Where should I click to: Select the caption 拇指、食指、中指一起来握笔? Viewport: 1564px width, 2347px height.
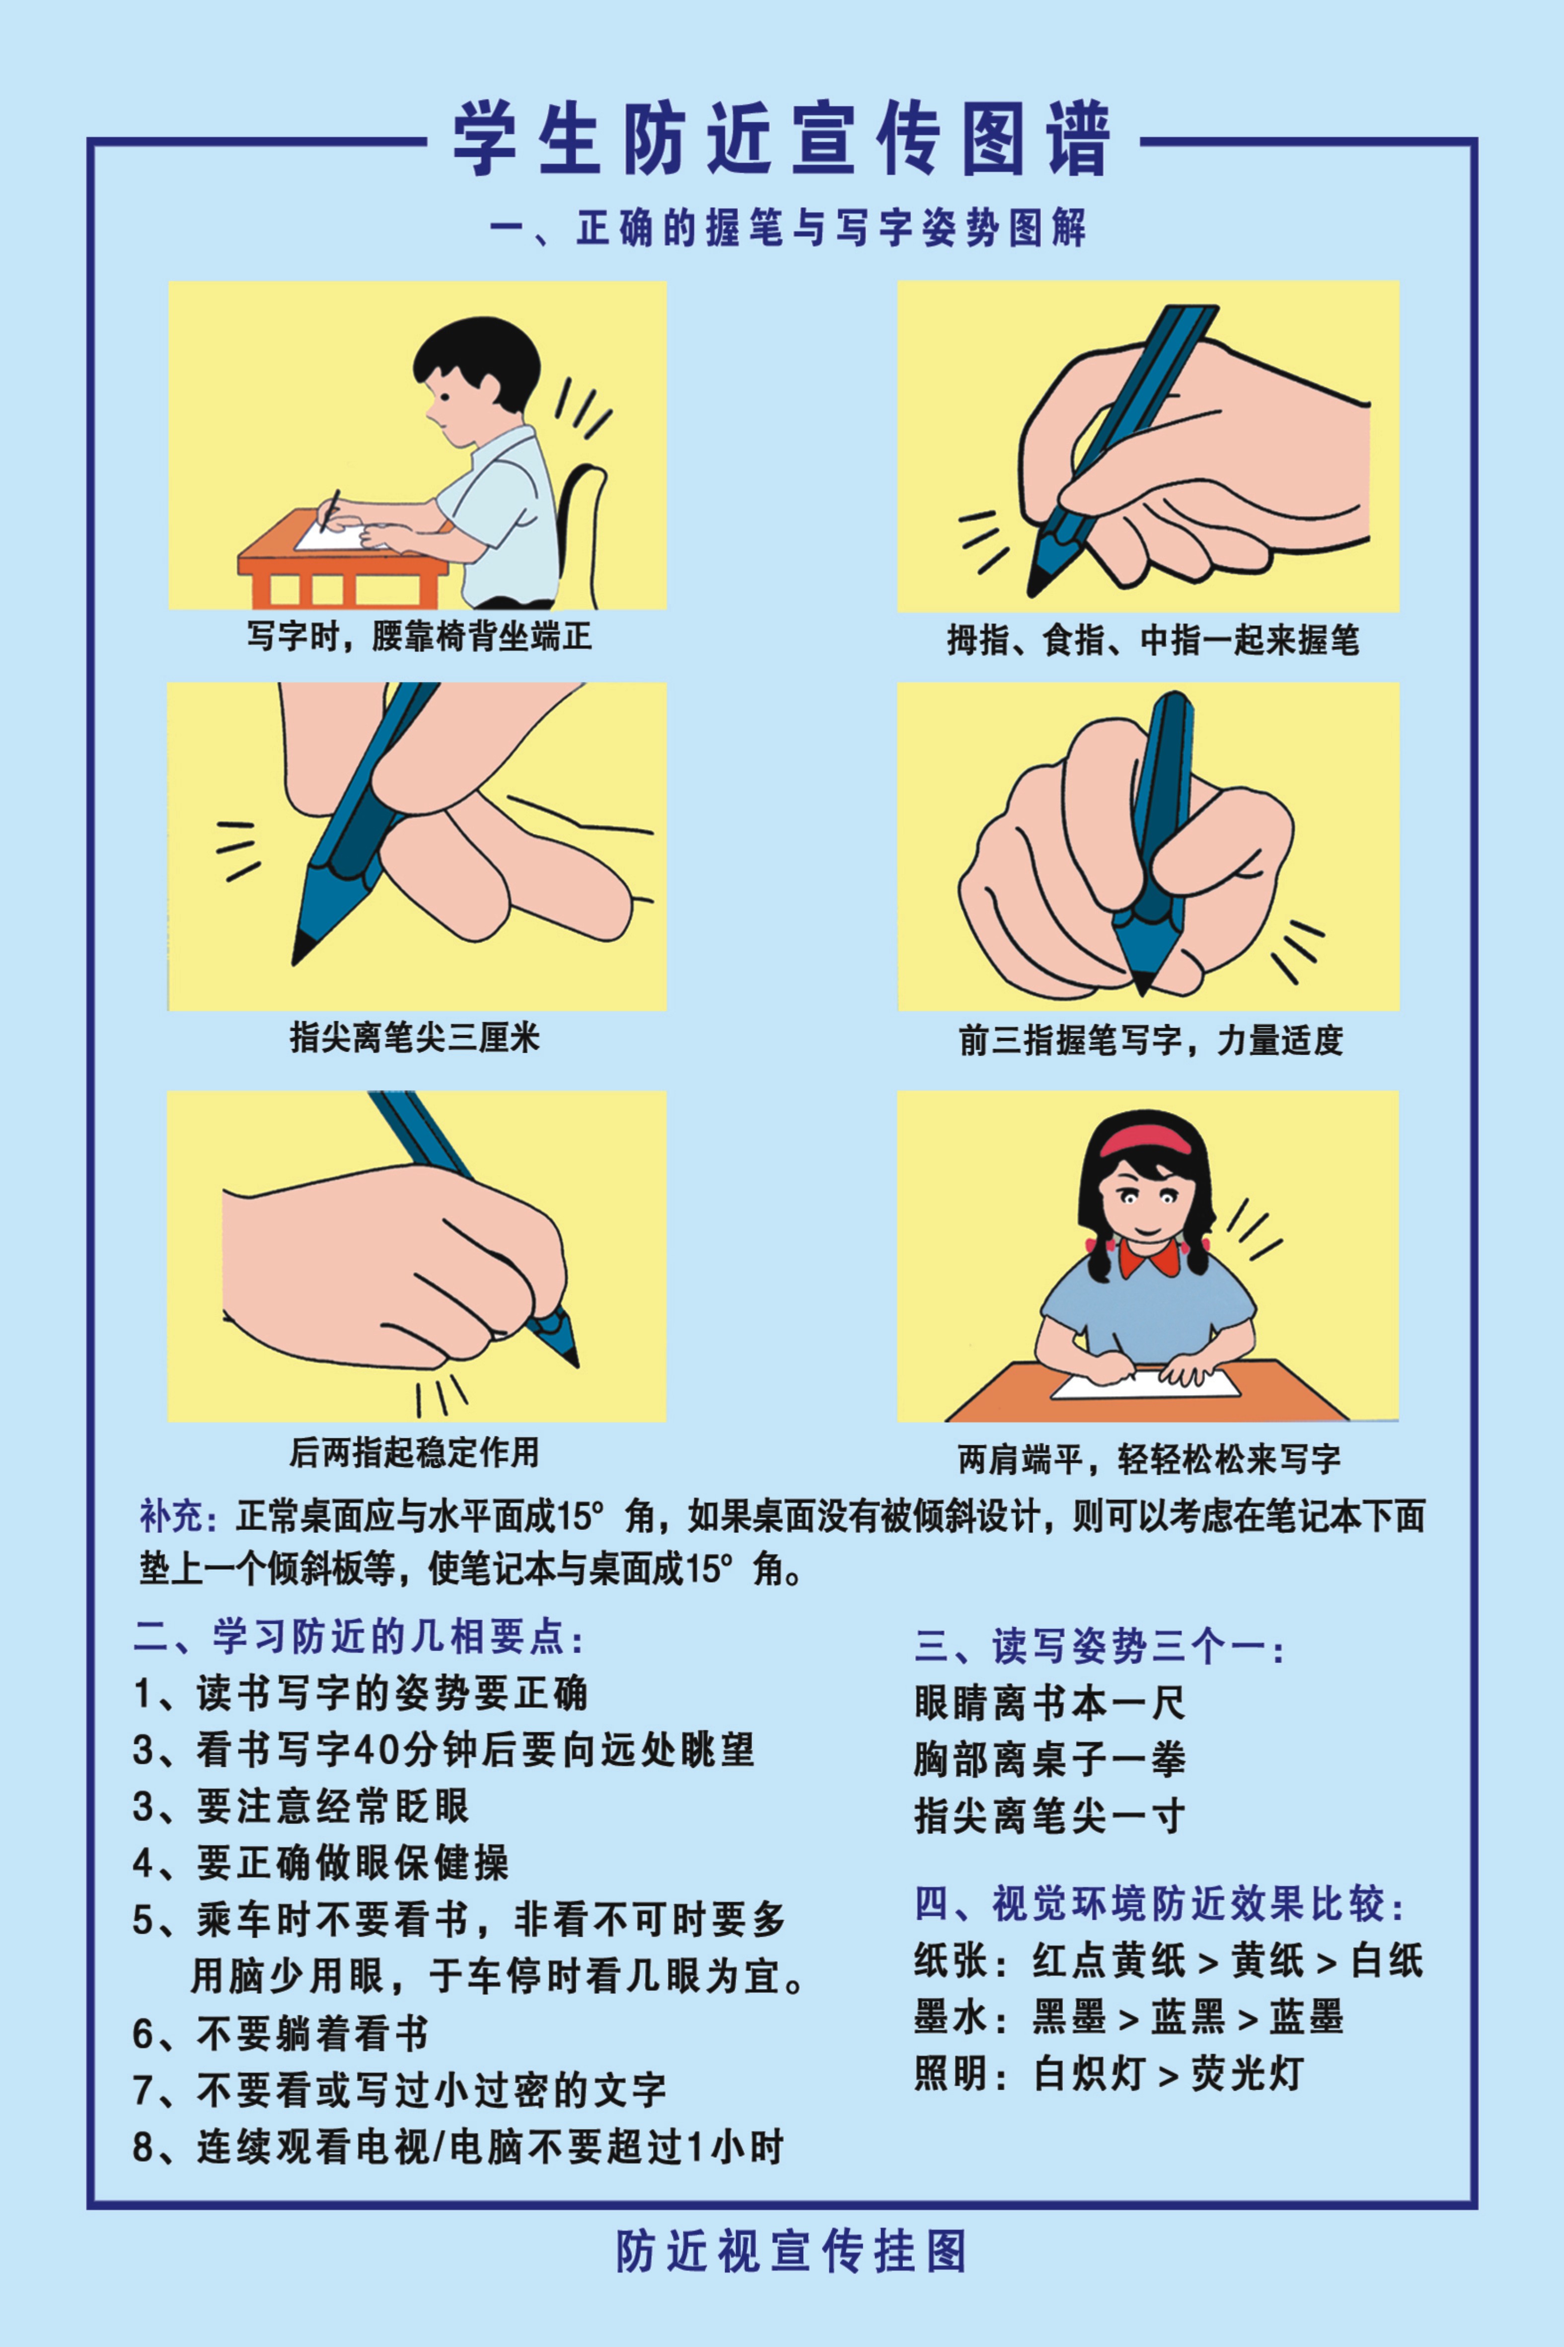pos(1152,639)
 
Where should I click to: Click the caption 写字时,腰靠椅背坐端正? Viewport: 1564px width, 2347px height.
pos(419,635)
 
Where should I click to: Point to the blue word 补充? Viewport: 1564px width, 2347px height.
pos(177,1517)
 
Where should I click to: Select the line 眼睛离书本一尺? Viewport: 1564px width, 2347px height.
pos(1049,1703)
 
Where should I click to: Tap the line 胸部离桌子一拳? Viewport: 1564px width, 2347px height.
pos(1049,1759)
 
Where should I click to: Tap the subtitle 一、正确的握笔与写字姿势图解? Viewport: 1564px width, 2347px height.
pos(788,228)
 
